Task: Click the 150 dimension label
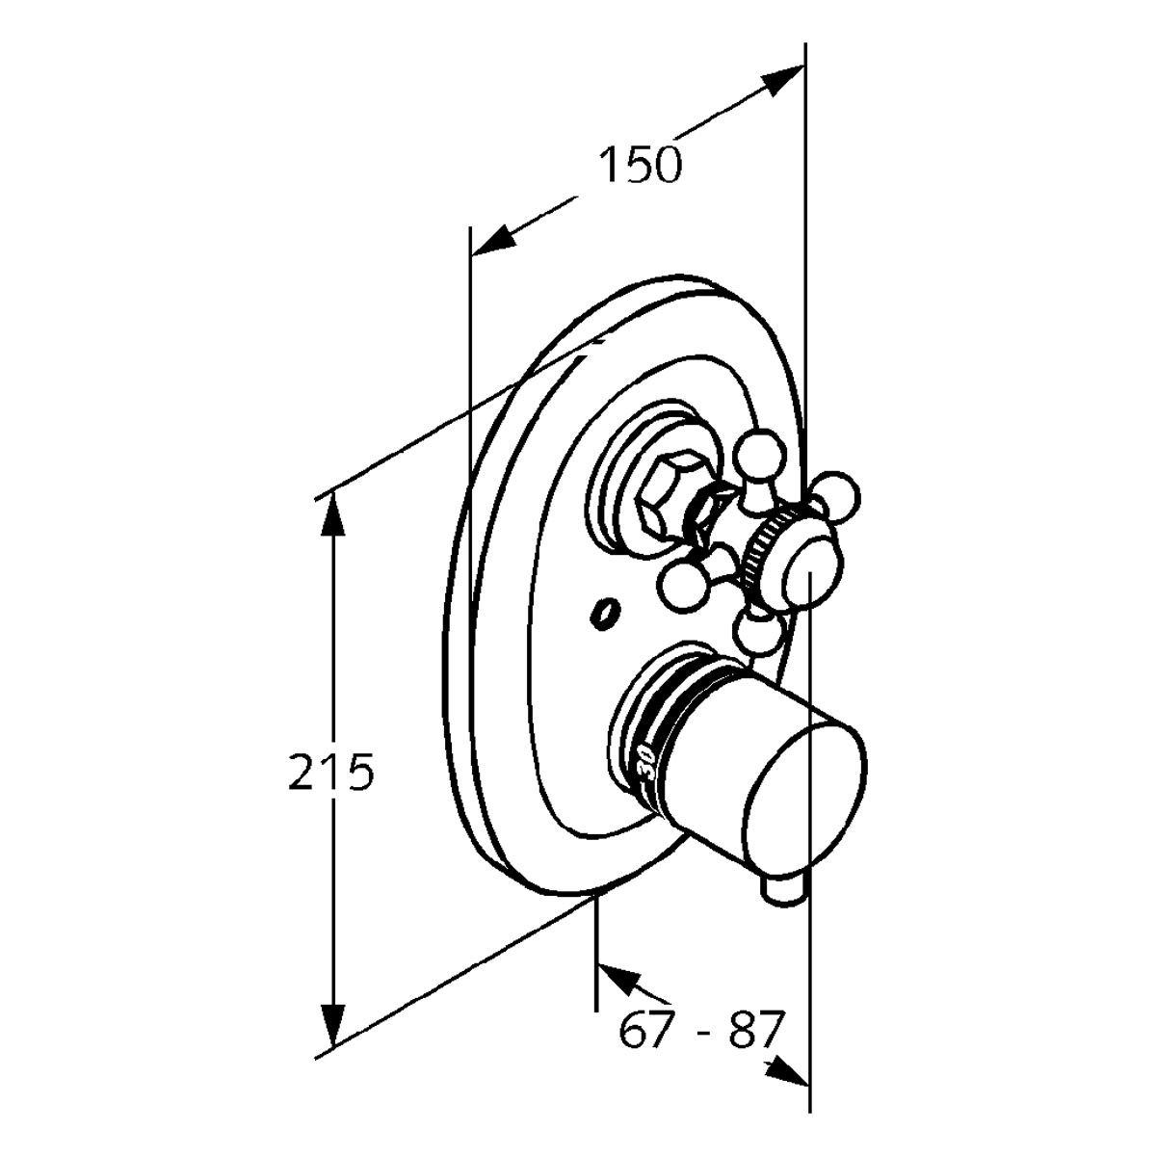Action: click(641, 165)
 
